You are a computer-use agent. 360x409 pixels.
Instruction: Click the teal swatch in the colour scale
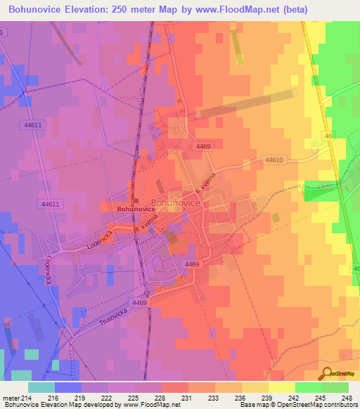pos(41,387)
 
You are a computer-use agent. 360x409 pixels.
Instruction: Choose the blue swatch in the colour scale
pos(68,387)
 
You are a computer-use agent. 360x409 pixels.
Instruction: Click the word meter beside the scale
pos(11,398)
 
